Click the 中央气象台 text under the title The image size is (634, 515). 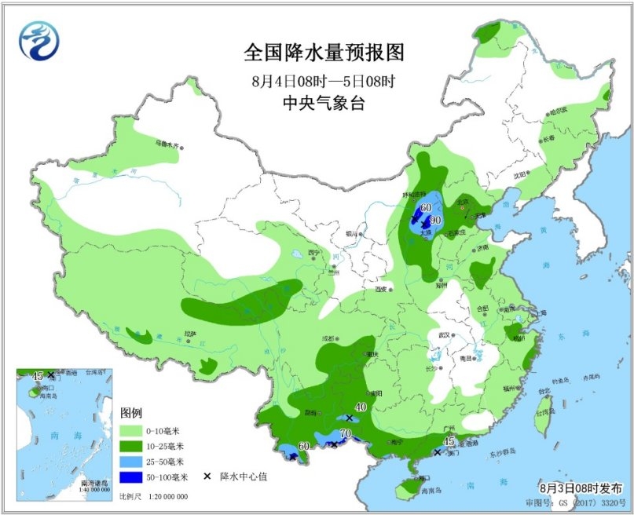coord(323,103)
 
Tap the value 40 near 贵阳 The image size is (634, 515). coord(361,407)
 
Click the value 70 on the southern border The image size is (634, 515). coord(345,433)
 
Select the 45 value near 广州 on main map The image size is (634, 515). coord(449,442)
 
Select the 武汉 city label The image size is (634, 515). coord(444,335)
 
